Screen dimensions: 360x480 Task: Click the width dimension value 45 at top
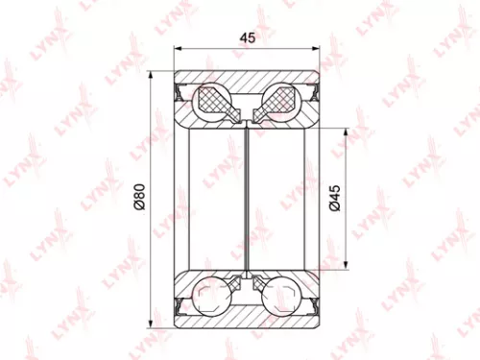point(248,39)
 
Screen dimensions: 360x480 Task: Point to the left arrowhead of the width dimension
point(179,51)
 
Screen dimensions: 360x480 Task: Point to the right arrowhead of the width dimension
point(318,51)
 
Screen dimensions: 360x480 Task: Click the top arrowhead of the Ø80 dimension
point(151,76)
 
